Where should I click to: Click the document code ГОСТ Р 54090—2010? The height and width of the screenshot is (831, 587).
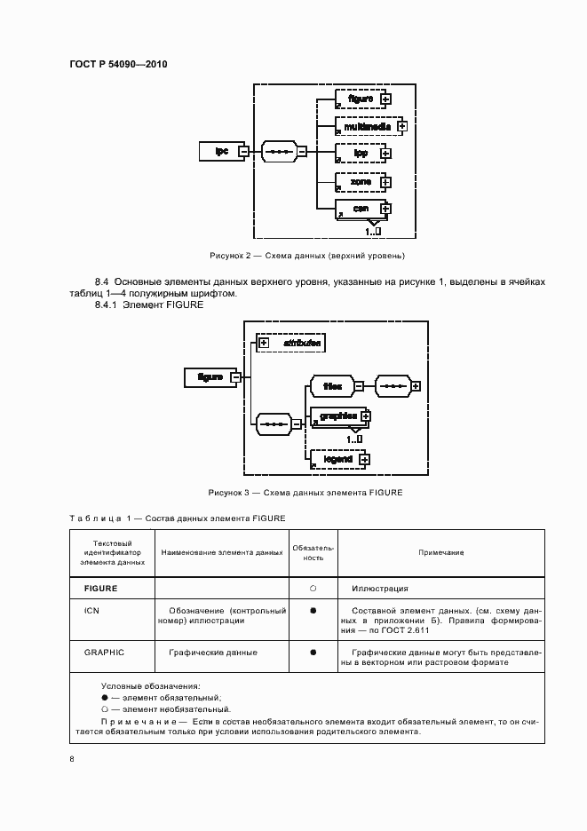pyautogui.click(x=118, y=65)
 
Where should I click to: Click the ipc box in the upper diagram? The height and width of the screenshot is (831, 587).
pyautogui.click(x=222, y=151)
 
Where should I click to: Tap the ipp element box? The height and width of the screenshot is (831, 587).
pyautogui.click(x=360, y=153)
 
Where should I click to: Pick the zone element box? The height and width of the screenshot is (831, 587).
pyautogui.click(x=360, y=182)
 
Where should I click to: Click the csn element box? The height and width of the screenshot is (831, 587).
pyautogui.click(x=360, y=209)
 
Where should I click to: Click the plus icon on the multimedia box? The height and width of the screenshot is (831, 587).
pyautogui.click(x=402, y=126)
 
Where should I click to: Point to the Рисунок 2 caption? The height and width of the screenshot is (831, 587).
pyautogui.click(x=306, y=256)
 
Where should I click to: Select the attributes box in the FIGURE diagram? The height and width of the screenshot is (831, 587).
pyautogui.click(x=290, y=342)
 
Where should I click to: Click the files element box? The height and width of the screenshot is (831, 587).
pyautogui.click(x=332, y=386)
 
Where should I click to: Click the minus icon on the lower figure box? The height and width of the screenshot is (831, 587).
pyautogui.click(x=235, y=376)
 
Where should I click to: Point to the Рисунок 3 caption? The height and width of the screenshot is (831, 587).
pyautogui.click(x=305, y=493)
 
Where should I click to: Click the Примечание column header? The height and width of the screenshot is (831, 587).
pyautogui.click(x=440, y=552)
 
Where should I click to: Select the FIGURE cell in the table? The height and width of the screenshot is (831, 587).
pyautogui.click(x=100, y=589)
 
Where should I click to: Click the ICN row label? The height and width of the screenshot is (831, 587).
pyautogui.click(x=91, y=611)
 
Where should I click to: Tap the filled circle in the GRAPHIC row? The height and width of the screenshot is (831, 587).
pyautogui.click(x=313, y=653)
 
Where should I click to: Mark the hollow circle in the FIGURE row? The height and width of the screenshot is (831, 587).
pyautogui.click(x=313, y=589)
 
